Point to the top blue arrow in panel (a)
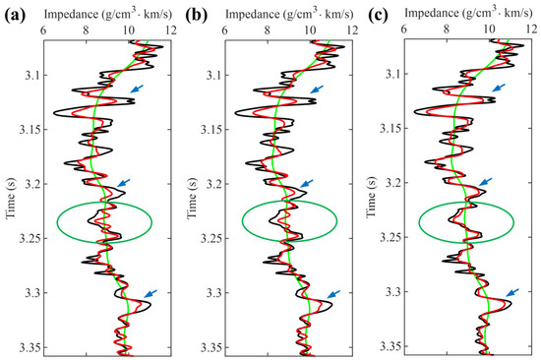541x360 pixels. (x=136, y=90)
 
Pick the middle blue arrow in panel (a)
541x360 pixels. (x=121, y=183)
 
